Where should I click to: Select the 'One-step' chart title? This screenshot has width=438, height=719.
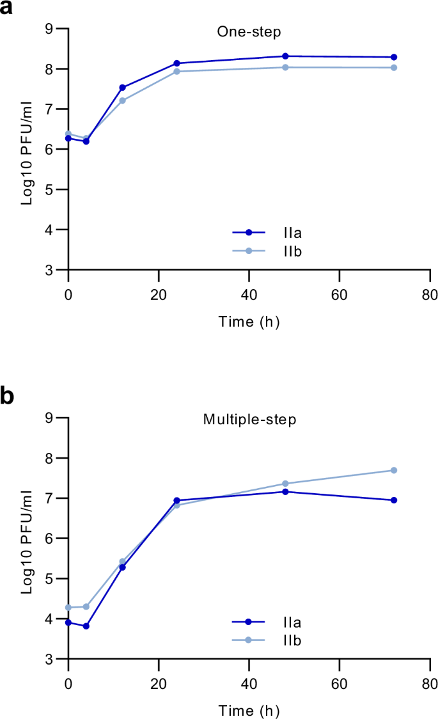click(240, 31)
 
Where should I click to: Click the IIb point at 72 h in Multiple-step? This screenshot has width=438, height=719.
click(394, 470)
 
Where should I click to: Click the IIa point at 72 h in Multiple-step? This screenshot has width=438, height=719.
click(394, 500)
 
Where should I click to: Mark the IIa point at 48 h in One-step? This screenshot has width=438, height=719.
click(285, 56)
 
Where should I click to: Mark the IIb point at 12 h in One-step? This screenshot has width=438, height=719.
click(122, 100)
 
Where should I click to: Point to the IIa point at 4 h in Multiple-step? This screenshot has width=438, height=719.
click(86, 626)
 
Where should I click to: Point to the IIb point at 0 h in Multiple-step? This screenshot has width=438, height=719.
click(68, 607)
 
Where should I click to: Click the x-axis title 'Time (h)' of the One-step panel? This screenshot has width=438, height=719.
click(249, 322)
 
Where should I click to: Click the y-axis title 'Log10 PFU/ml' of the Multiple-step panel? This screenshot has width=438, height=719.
click(27, 538)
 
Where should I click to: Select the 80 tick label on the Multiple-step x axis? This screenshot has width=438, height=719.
click(430, 681)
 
